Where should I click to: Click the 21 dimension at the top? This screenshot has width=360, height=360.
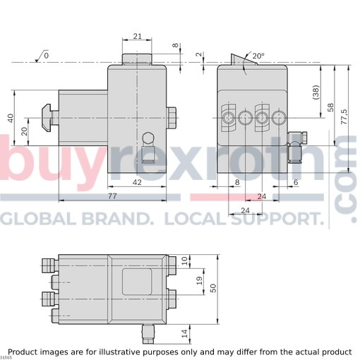[138, 36]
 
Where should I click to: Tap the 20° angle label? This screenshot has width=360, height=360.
[258, 56]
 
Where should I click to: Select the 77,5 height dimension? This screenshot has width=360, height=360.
[344, 116]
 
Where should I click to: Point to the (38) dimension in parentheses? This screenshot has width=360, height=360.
[317, 92]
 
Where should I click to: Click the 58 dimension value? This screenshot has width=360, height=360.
[330, 107]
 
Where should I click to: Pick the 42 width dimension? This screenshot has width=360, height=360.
[137, 182]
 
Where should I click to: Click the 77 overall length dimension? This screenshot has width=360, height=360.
[112, 196]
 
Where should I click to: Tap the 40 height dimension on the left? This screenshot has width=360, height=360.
[11, 118]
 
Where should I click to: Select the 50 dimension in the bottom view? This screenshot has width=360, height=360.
[213, 288]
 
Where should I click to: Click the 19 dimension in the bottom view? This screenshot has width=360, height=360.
[199, 281]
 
